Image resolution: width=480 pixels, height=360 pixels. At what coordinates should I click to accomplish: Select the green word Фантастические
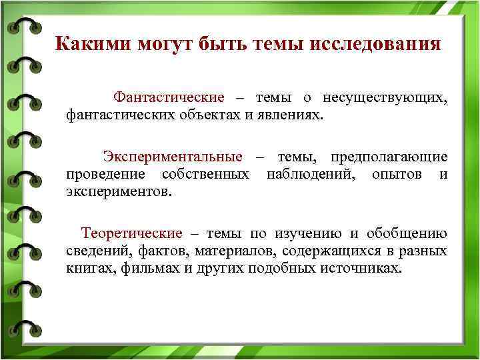point(169,97)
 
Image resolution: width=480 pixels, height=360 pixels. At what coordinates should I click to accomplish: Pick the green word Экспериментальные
point(173,157)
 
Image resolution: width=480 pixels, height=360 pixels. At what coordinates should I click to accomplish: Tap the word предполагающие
point(385,157)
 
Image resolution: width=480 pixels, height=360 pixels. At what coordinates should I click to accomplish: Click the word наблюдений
point(310,175)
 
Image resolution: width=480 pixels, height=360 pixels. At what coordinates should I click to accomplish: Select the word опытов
point(397,175)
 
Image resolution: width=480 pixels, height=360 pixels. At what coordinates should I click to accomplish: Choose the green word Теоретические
point(131,234)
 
